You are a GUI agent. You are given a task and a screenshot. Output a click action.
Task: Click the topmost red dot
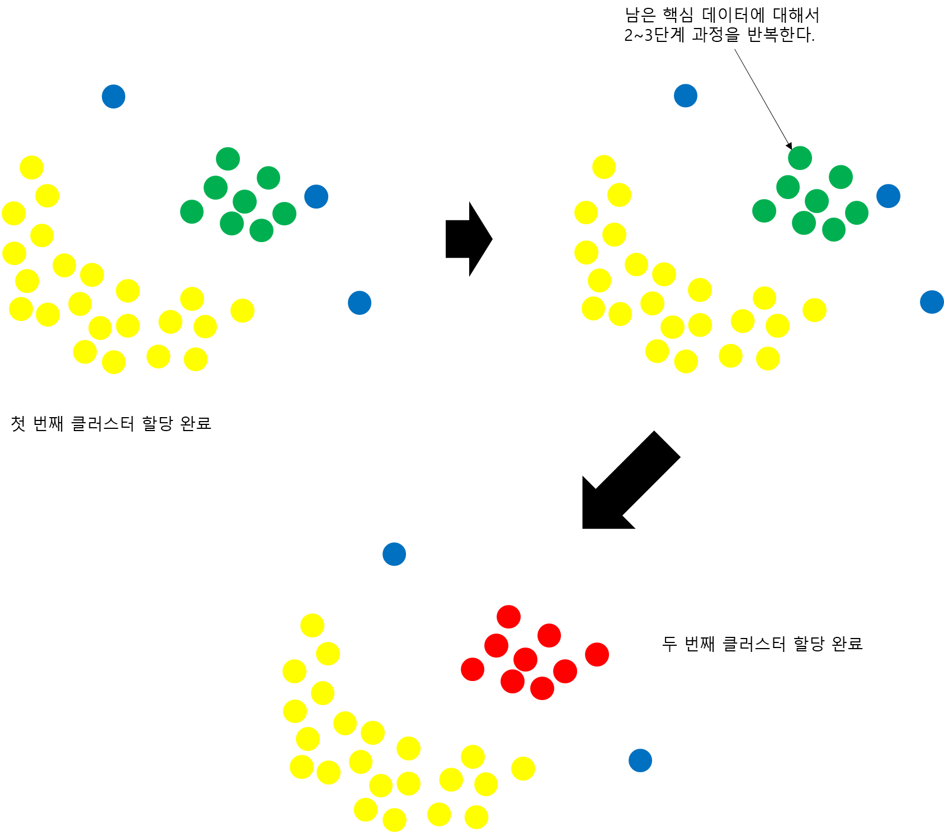click(x=508, y=617)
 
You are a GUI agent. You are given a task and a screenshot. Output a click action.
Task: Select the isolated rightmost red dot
click(x=597, y=654)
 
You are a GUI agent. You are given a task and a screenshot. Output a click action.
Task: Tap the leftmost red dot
click(x=472, y=669)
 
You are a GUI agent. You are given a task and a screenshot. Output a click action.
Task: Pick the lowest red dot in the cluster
click(x=542, y=688)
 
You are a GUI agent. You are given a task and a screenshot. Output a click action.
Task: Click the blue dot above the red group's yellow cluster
click(x=394, y=554)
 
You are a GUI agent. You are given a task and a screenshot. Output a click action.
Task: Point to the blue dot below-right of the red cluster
click(x=640, y=760)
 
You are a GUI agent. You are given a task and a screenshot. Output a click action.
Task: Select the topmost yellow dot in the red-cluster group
click(x=312, y=625)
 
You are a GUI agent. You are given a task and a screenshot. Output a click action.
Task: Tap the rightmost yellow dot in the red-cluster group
click(x=523, y=768)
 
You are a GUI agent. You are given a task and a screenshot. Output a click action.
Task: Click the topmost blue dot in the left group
click(x=114, y=96)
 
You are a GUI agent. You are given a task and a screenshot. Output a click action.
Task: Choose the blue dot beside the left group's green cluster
click(x=316, y=196)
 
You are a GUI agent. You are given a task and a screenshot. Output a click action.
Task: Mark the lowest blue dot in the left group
click(x=359, y=302)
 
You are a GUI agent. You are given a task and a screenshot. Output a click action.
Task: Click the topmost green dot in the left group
click(x=228, y=159)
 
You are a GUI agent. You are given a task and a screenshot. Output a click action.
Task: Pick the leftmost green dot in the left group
click(x=192, y=211)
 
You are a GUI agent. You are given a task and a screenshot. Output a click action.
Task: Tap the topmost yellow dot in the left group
click(x=31, y=167)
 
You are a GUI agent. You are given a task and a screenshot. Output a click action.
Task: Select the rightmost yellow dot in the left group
click(x=242, y=310)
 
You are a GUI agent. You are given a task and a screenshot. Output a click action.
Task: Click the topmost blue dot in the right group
click(x=685, y=96)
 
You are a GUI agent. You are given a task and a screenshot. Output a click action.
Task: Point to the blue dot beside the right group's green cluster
click(x=888, y=196)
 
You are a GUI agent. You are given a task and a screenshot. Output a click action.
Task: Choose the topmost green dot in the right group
click(x=800, y=158)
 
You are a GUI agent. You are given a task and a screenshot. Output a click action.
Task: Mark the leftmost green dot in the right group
click(x=764, y=211)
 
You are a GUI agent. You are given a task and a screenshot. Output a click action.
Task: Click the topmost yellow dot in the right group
click(x=603, y=167)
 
